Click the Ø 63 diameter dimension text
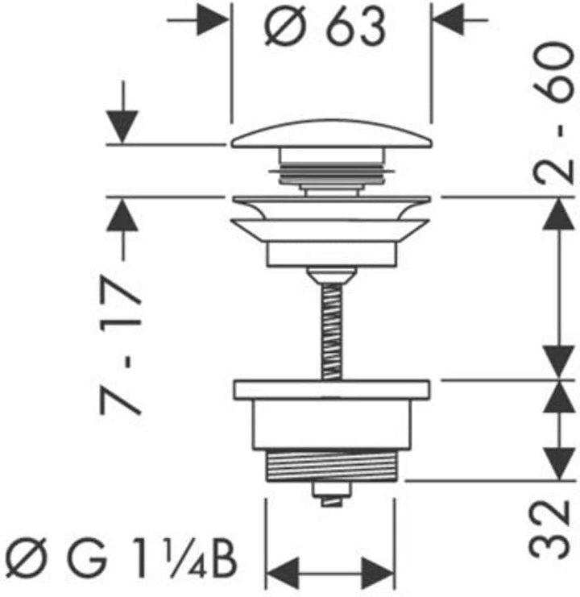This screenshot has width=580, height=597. tap(325, 27)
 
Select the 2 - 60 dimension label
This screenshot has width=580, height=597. tap(553, 113)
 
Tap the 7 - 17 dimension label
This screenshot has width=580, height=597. tap(120, 345)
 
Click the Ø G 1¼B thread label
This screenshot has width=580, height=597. tap(121, 558)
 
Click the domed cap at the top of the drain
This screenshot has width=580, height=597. tap(331, 134)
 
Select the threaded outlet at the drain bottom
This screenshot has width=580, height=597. tap(331, 465)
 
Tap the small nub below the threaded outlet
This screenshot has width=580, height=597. tap(331, 494)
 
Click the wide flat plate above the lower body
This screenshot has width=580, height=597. tap(332, 389)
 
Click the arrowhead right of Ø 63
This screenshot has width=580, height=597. tap(449, 20)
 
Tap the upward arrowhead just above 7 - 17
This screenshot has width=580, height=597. tap(122, 215)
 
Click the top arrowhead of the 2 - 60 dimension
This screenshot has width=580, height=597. tap(558, 214)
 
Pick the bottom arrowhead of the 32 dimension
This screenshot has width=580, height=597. tap(558, 464)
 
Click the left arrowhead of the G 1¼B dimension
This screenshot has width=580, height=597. tap(282, 573)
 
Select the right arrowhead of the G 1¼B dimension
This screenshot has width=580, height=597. tap(378, 573)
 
